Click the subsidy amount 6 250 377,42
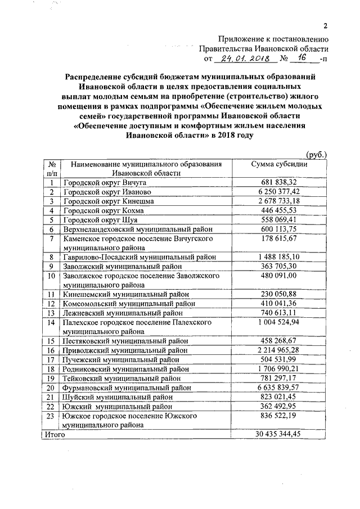(x=278, y=192)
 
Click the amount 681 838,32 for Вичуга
(x=278, y=183)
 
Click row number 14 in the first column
(x=51, y=322)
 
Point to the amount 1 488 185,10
(x=278, y=256)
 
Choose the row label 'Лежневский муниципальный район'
(x=123, y=313)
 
